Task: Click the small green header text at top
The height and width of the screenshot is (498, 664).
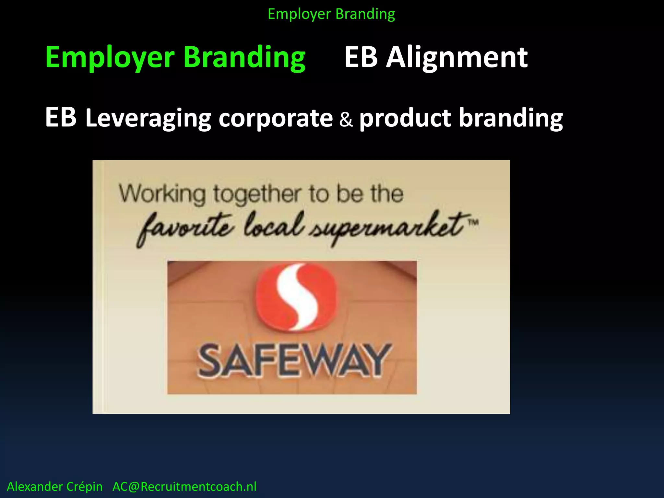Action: point(331,14)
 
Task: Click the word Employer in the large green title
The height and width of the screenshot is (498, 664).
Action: point(110,57)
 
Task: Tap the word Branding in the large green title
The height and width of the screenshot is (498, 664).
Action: point(244,57)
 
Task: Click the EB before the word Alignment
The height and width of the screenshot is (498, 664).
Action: point(361,57)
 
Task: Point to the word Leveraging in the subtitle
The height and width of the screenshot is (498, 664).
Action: point(148,118)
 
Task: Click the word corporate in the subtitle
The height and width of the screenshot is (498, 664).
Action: point(276,118)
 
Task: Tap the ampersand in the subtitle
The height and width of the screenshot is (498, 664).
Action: point(346,119)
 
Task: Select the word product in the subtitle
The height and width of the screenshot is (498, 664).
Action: point(405,118)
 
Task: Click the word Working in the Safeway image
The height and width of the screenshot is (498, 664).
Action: point(162,194)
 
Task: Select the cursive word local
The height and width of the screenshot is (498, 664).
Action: point(274,225)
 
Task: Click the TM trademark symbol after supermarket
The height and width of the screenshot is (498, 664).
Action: point(473,222)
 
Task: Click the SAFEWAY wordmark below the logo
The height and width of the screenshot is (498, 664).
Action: point(294,361)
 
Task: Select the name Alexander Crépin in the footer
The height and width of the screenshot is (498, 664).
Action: point(55,487)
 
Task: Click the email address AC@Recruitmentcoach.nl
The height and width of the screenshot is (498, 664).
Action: point(184,487)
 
